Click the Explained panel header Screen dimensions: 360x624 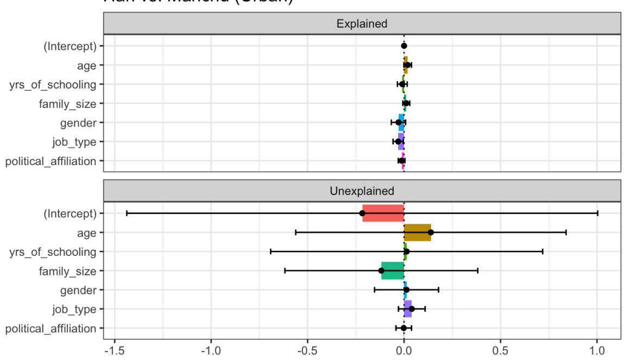click(x=362, y=24)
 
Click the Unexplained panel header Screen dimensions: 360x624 click(x=362, y=191)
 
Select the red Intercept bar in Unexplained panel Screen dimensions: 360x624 click(x=383, y=213)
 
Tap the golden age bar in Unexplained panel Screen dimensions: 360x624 click(x=417, y=232)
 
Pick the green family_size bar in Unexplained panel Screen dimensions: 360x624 click(x=392, y=270)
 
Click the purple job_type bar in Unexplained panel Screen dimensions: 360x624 click(x=407, y=309)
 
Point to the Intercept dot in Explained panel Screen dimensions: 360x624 click(x=404, y=46)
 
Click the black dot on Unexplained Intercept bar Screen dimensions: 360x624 click(x=362, y=213)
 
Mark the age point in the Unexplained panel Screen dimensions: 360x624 click(x=431, y=232)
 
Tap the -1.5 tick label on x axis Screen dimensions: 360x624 click(x=114, y=348)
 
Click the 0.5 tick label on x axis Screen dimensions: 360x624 click(x=500, y=348)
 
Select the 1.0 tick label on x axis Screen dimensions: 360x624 click(x=597, y=348)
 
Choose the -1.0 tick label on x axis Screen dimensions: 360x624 click(x=211, y=348)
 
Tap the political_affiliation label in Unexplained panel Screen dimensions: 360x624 click(x=51, y=328)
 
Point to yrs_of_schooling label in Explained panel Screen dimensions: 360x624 click(x=53, y=84)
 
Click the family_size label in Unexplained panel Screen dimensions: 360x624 click(x=67, y=270)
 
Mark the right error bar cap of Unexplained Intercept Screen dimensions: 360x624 click(x=597, y=213)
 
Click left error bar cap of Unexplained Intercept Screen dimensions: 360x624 click(x=127, y=213)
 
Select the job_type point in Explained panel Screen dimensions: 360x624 click(x=398, y=142)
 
